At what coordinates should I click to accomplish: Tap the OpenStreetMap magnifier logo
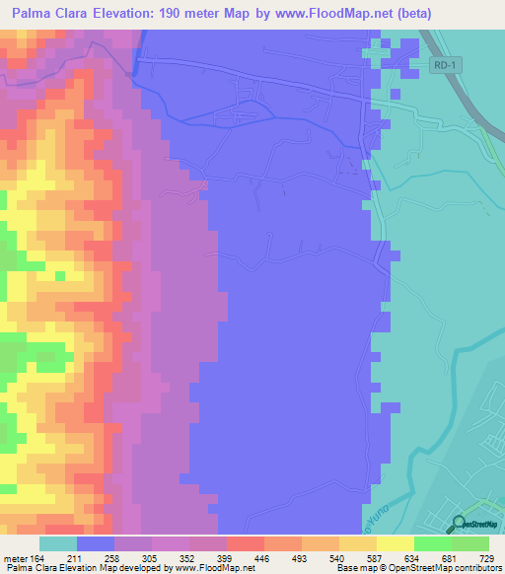click(x=458, y=524)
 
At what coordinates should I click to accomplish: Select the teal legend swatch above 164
click(x=57, y=543)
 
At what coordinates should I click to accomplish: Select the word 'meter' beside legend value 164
click(x=17, y=558)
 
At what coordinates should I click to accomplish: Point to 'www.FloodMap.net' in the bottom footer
click(x=214, y=568)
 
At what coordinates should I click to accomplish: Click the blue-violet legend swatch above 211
click(x=95, y=543)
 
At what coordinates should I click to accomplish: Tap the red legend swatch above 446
click(x=245, y=543)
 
